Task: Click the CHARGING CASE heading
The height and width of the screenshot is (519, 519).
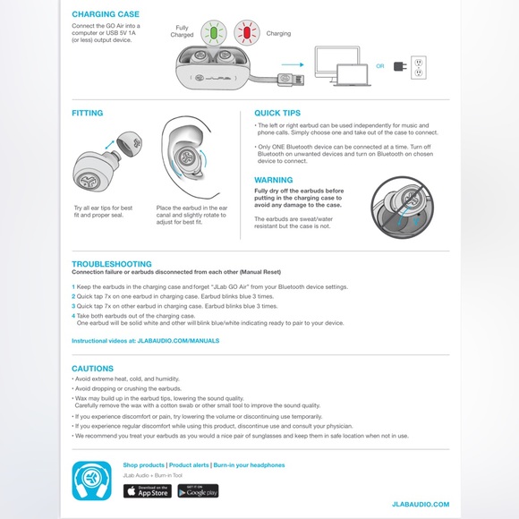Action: [x=105, y=15]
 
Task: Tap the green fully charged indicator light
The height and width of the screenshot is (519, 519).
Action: [x=214, y=34]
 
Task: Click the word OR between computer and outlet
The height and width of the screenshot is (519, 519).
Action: [x=380, y=65]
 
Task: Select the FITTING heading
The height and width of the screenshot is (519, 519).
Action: [x=88, y=114]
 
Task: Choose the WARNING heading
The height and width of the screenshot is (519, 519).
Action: [x=274, y=180]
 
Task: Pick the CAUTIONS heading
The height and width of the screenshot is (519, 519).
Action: [x=92, y=369]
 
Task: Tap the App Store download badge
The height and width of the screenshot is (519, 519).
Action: [x=147, y=491]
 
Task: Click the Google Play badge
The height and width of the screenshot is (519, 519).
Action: [x=198, y=491]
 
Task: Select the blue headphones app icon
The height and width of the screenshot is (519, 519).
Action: [x=92, y=480]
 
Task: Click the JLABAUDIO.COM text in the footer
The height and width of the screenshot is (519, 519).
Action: [x=421, y=506]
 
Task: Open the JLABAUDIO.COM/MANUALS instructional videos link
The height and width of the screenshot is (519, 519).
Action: [x=176, y=341]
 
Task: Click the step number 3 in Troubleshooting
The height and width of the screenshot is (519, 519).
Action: [x=73, y=306]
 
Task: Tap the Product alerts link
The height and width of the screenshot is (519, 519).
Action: [x=189, y=465]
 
